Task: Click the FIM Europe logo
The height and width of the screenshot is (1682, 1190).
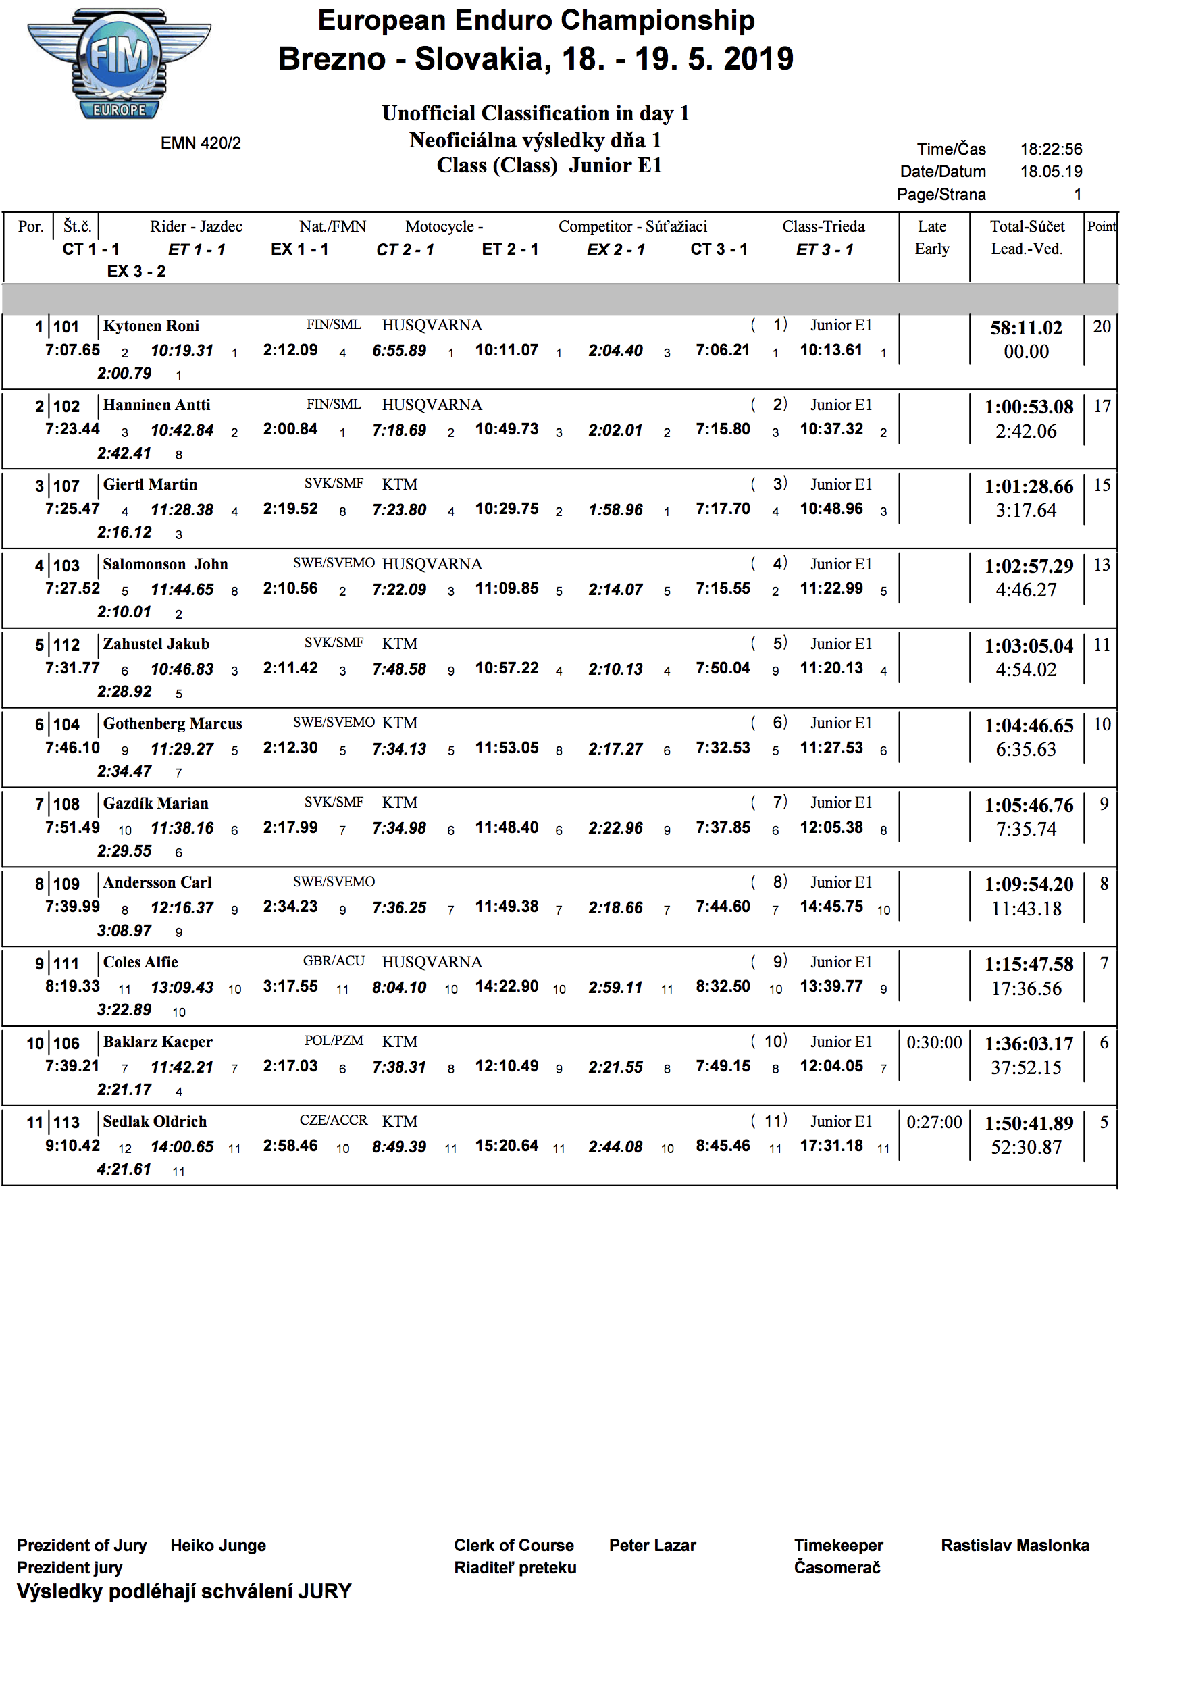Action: click(120, 64)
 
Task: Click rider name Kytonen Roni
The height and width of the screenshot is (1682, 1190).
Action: click(151, 326)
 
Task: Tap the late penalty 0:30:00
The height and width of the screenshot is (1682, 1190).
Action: click(933, 1042)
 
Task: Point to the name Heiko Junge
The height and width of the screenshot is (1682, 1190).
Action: click(217, 1545)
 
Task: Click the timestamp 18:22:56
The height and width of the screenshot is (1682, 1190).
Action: click(1051, 149)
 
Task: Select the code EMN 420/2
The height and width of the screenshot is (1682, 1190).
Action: click(201, 143)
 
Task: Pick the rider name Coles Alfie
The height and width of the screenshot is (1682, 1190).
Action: click(140, 963)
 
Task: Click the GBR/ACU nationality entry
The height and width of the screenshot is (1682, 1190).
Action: click(334, 961)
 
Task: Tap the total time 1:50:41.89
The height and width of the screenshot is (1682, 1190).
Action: click(1028, 1123)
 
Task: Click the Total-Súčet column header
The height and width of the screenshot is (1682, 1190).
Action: click(1027, 226)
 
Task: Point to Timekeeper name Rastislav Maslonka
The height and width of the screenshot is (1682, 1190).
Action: click(1015, 1545)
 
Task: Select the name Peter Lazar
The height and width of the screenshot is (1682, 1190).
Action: click(652, 1545)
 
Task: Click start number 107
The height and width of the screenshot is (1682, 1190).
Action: click(66, 486)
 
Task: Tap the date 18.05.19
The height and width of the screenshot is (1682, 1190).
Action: click(1051, 172)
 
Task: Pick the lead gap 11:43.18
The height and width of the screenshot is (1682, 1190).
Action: click(1026, 909)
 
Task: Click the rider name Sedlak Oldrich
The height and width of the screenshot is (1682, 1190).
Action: click(155, 1121)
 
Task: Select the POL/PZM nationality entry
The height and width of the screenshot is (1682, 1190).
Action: click(334, 1041)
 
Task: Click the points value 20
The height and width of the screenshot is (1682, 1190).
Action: click(1102, 327)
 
